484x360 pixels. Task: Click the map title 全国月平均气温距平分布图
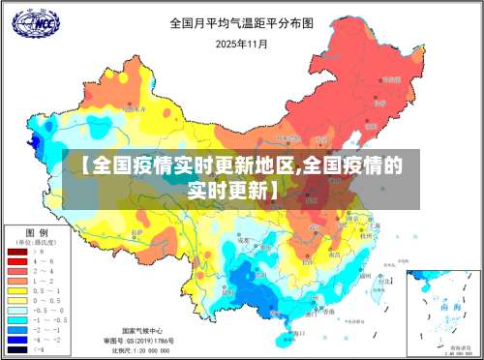click(x=242, y=22)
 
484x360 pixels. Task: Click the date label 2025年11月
click(x=242, y=44)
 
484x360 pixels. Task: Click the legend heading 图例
click(x=37, y=233)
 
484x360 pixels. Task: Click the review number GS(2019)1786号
click(x=140, y=340)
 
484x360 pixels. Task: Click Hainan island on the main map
click(x=287, y=338)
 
